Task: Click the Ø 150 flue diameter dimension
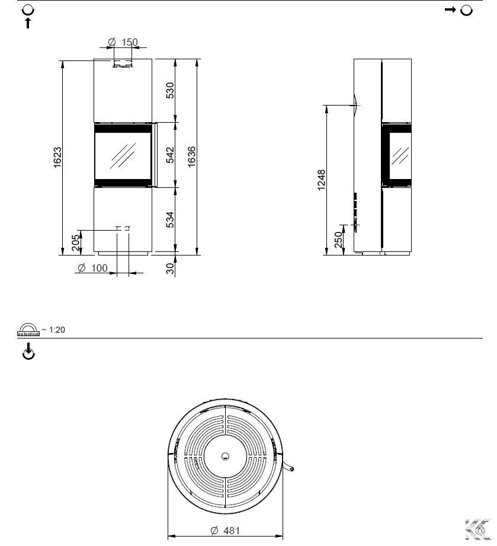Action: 123,42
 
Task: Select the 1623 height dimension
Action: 57,157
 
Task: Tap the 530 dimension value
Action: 170,90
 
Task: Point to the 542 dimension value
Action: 170,155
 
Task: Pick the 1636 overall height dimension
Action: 191,157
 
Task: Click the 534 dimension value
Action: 170,220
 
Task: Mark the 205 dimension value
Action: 75,242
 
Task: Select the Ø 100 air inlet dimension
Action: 92,268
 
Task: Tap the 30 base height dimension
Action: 170,268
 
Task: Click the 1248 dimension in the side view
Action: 322,180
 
